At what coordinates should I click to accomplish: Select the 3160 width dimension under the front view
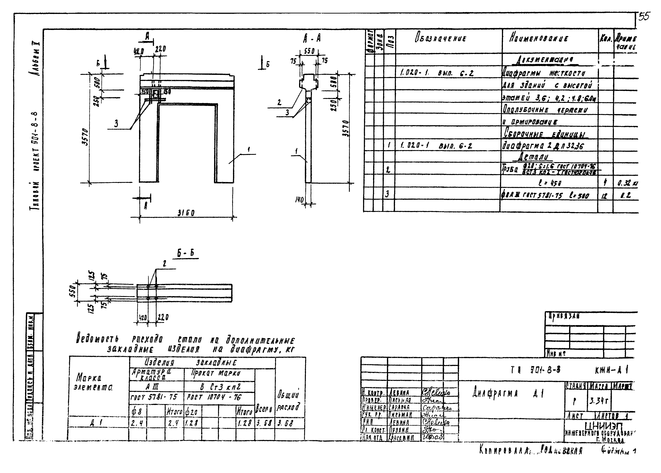pyautogui.click(x=186, y=214)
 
